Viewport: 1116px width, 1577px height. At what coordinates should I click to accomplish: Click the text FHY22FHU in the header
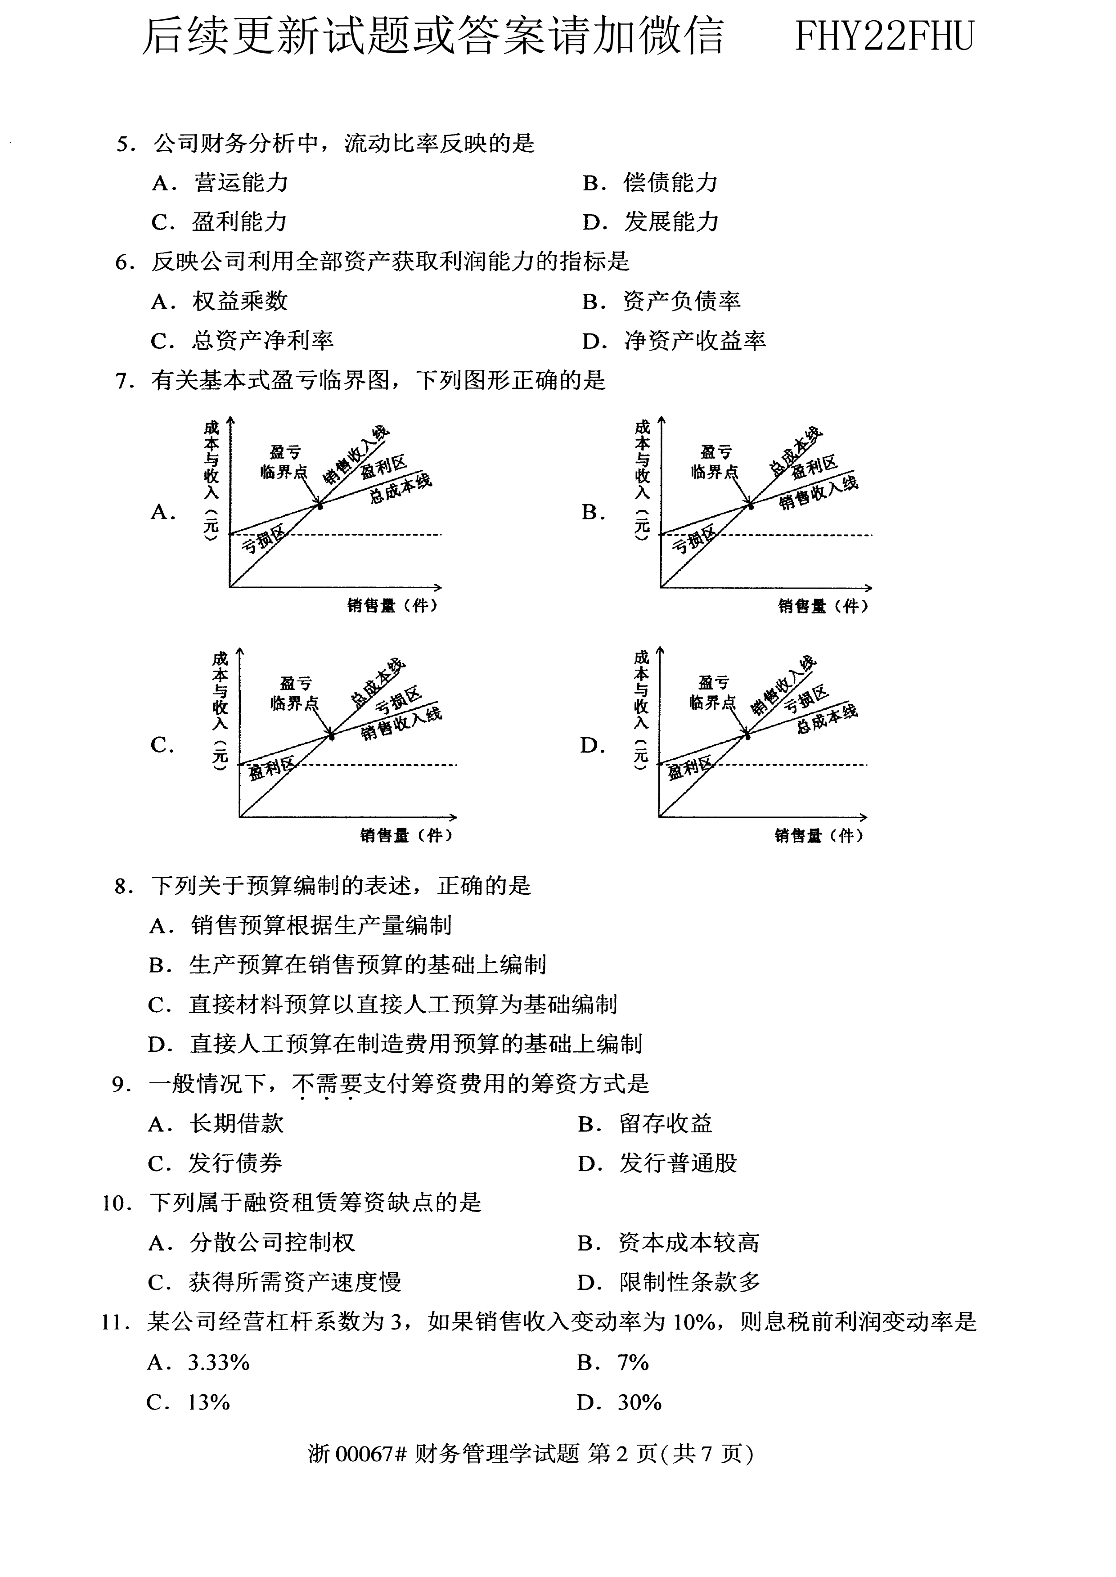884,36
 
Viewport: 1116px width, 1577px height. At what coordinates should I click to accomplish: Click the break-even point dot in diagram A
319,506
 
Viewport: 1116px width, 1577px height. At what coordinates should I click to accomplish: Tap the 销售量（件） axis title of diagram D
819,836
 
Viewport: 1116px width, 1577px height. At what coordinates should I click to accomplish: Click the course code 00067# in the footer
371,1454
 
